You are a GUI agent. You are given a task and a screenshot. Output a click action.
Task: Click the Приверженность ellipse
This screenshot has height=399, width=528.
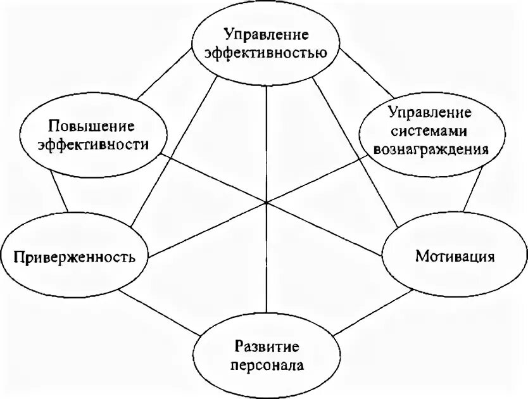75,257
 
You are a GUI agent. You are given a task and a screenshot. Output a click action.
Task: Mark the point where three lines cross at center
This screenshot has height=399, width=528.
267,203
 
